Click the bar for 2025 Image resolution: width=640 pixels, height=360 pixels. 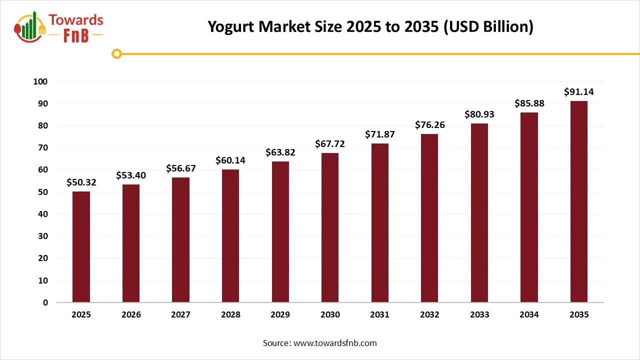click(81, 247)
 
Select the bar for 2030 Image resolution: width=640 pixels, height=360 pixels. click(330, 227)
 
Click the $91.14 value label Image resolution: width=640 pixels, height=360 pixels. click(579, 92)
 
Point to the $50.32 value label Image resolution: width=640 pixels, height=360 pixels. click(81, 182)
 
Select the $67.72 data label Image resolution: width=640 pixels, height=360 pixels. click(330, 144)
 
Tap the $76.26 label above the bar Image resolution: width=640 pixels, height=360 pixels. click(429, 125)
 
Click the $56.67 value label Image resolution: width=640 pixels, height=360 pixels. click(181, 168)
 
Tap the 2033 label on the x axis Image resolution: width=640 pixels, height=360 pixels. click(479, 315)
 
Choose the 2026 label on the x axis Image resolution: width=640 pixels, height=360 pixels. click(131, 315)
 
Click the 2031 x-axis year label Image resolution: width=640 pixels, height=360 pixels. click(380, 315)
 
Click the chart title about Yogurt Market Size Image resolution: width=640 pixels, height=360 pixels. click(370, 26)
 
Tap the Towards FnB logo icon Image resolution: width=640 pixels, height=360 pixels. click(30, 27)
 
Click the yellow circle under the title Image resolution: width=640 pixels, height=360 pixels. click(116, 53)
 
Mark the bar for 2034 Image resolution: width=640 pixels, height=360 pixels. click(529, 207)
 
